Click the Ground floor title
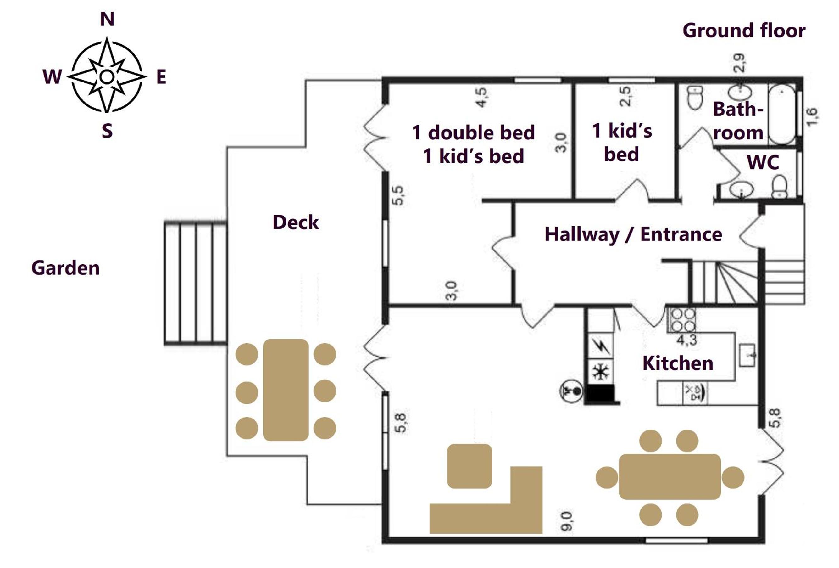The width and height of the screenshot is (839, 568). click(x=744, y=30)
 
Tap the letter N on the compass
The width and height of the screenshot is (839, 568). click(x=107, y=19)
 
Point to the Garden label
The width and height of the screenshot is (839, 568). click(x=65, y=268)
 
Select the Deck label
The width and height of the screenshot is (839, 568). click(x=296, y=222)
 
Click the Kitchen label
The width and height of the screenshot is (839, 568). click(x=678, y=363)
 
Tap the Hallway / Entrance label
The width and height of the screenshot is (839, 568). click(x=633, y=234)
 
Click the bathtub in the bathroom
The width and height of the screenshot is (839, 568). click(x=782, y=114)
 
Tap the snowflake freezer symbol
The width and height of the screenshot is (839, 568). click(x=601, y=371)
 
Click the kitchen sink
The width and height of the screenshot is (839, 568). click(x=747, y=355)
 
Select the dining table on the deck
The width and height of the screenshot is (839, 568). click(x=286, y=390)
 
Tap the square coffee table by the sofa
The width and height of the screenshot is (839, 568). click(x=469, y=466)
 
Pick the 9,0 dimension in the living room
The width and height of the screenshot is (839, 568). click(x=566, y=521)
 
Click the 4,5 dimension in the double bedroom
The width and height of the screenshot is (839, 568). click(x=481, y=97)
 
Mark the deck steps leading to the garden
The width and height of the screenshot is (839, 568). click(x=195, y=283)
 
